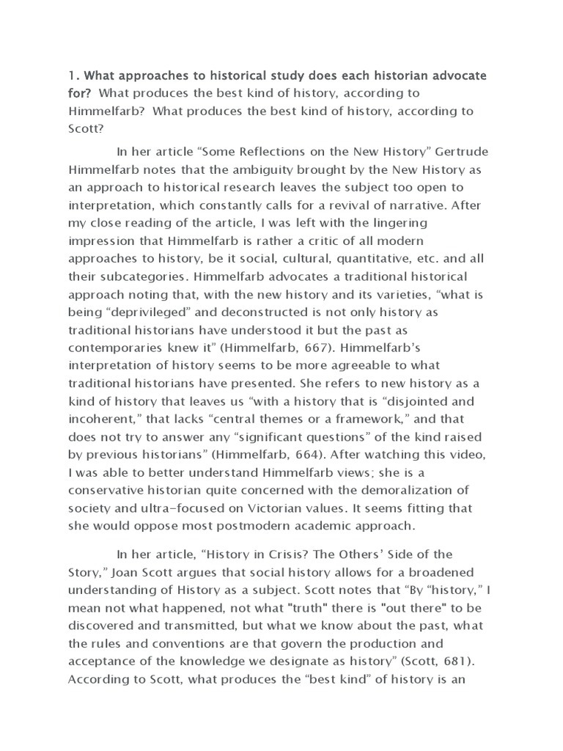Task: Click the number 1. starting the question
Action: [73, 76]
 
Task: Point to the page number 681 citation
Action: [464, 659]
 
